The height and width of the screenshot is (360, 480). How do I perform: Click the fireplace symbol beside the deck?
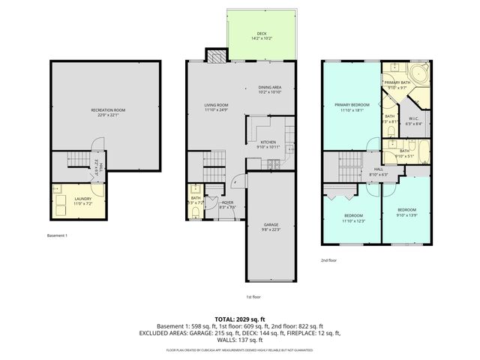tap(216, 56)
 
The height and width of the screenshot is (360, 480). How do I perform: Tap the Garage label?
tap(271, 226)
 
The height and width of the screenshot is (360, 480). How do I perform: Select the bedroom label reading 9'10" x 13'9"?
tap(406, 211)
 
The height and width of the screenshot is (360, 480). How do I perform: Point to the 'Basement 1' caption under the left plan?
tap(56, 235)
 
